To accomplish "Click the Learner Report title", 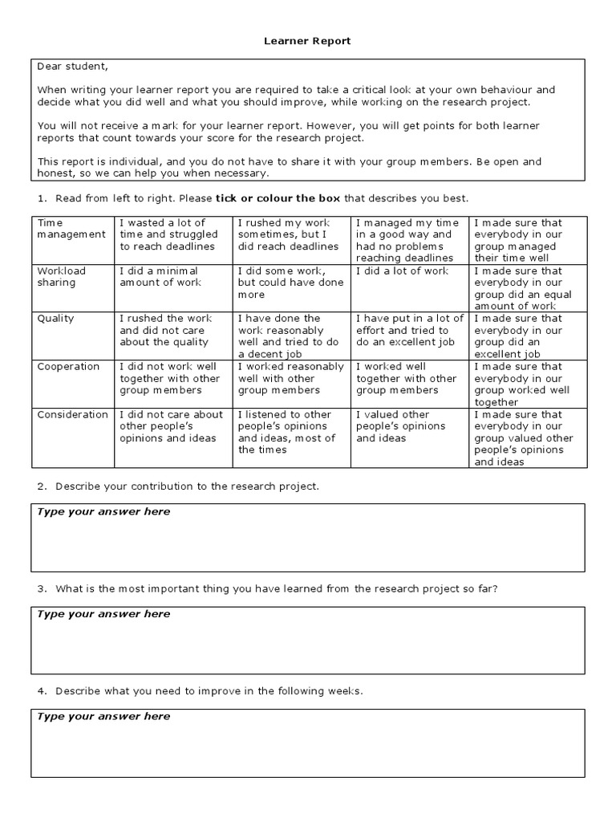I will (308, 41).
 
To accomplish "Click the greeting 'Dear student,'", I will (71, 67).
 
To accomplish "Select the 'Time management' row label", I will (71, 228).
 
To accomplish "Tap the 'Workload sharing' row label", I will (61, 276).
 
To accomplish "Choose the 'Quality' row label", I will (55, 318).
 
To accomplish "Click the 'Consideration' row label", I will (72, 414).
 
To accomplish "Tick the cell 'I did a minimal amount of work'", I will (172, 276).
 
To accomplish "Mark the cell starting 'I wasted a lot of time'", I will (172, 234).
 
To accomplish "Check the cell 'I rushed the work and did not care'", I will (172, 330).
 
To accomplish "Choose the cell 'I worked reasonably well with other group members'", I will (291, 378).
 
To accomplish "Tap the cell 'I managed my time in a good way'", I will (409, 240).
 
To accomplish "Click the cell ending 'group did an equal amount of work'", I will (525, 288).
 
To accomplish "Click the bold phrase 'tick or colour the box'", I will (278, 198).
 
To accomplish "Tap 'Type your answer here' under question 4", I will (103, 716).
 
